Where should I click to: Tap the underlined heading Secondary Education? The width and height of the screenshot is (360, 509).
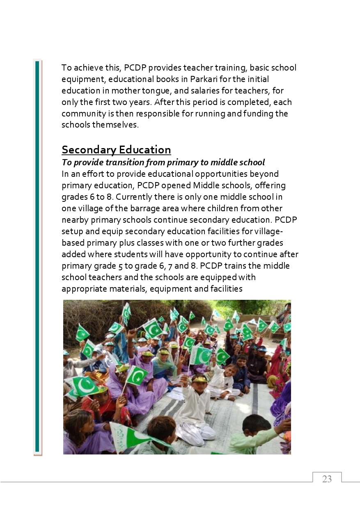click(x=116, y=150)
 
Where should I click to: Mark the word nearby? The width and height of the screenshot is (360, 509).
click(x=76, y=220)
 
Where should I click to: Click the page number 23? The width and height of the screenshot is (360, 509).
click(x=327, y=479)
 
